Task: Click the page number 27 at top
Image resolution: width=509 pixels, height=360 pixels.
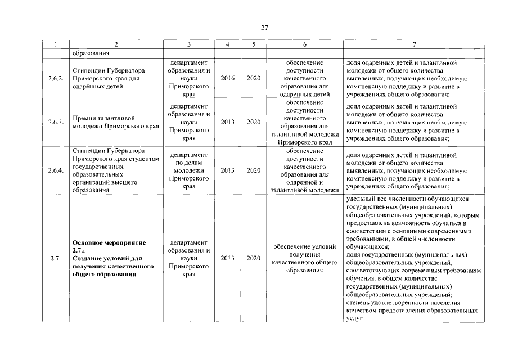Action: pos(264,28)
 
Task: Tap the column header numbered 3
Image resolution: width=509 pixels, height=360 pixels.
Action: pos(188,44)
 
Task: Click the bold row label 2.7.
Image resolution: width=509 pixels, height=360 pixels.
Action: pos(55,259)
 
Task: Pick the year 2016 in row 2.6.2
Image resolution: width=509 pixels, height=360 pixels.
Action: pos(228,78)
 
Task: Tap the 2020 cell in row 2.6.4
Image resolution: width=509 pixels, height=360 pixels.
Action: pos(253,170)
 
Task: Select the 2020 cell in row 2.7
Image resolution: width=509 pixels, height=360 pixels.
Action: pos(253,259)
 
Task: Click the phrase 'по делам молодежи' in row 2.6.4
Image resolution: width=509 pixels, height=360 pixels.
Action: pos(188,166)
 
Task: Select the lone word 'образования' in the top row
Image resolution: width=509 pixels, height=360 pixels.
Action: pos(89,54)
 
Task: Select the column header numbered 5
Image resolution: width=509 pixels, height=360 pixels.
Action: pos(253,44)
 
